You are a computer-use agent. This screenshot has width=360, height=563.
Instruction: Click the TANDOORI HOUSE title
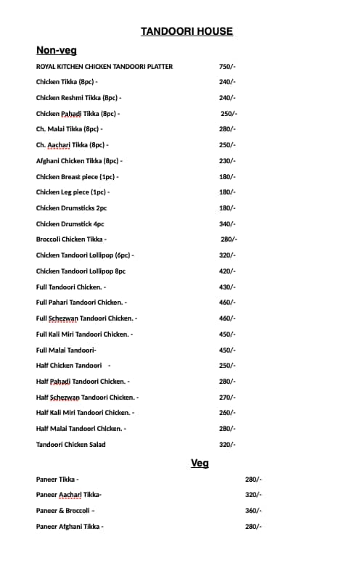[x=187, y=31]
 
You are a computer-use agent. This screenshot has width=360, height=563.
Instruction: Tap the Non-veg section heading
[x=57, y=50]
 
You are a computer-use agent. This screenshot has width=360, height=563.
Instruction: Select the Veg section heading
[x=200, y=463]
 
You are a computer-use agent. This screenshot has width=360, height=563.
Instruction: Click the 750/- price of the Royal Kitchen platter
[x=227, y=67]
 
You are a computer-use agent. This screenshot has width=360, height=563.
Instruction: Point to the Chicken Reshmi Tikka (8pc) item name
[x=78, y=98]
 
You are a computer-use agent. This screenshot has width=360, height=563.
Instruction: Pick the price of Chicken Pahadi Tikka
[x=229, y=114]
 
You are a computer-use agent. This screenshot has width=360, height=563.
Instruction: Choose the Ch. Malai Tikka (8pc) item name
[x=69, y=129]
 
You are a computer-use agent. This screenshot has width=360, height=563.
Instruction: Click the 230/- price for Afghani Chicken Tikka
[x=227, y=161]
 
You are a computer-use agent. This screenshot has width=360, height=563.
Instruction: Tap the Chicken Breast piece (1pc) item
[x=77, y=177]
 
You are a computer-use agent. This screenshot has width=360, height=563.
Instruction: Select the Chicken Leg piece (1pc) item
[x=73, y=192]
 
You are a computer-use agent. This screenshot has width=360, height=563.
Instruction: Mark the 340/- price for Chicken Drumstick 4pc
[x=227, y=224]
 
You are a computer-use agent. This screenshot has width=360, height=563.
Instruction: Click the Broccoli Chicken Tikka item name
[x=71, y=239]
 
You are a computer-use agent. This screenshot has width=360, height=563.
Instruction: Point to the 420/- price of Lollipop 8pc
[x=227, y=271]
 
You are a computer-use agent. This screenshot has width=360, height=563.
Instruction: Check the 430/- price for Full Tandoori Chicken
[x=227, y=287]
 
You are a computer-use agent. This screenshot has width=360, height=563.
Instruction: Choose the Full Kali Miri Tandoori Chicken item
[x=84, y=334]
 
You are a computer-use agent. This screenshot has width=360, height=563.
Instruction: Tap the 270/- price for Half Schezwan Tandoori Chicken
[x=227, y=398]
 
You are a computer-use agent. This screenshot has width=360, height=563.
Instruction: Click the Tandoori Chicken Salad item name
[x=70, y=445]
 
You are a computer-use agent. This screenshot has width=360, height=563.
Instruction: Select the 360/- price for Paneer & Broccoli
[x=253, y=511]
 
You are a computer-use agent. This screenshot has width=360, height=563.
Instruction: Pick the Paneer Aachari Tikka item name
[x=68, y=495]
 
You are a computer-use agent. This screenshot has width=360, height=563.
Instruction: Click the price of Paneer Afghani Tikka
[x=253, y=527]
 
